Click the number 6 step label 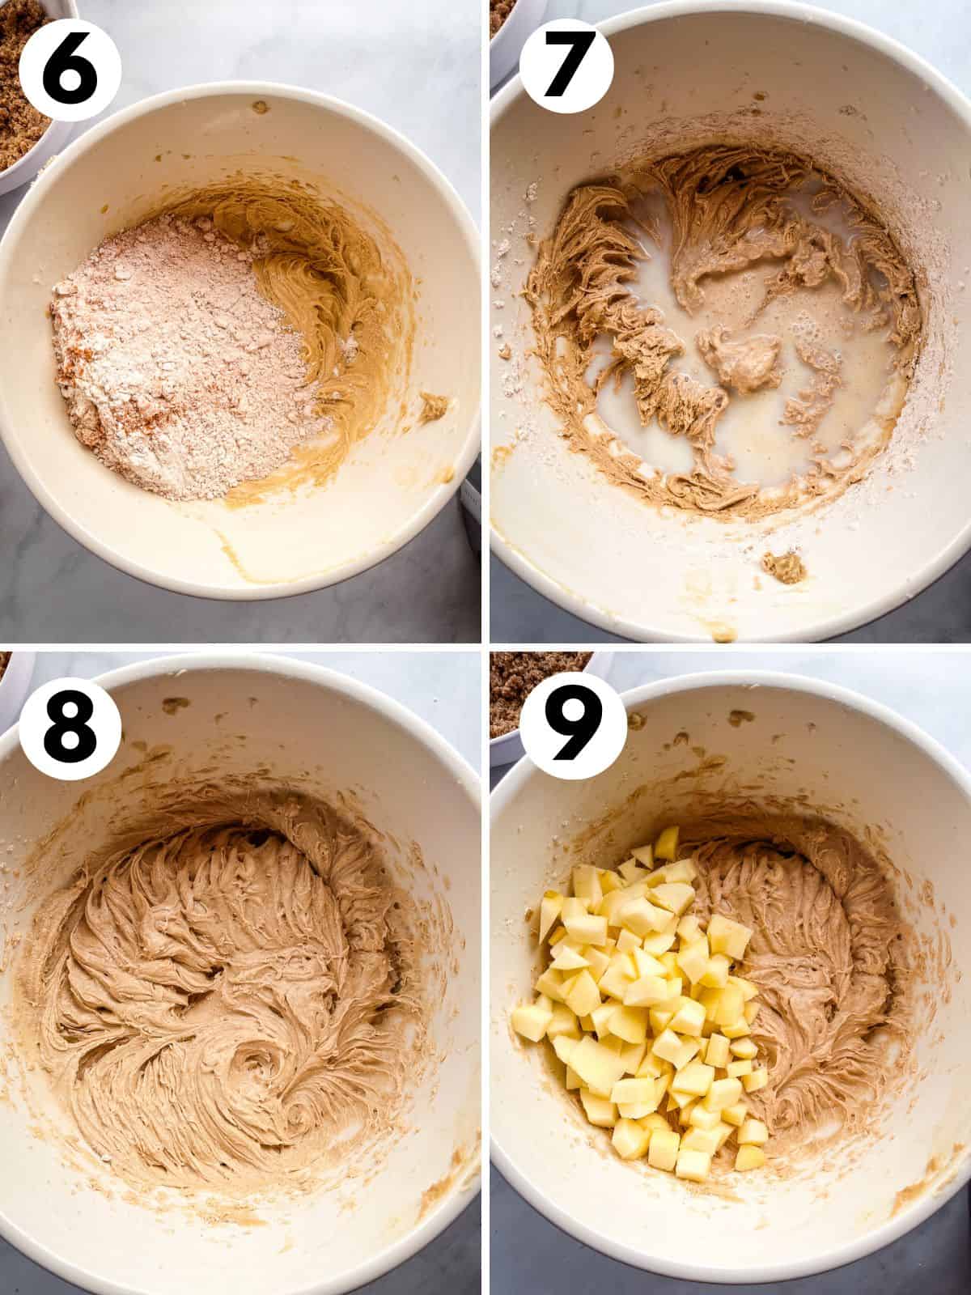pyautogui.click(x=69, y=69)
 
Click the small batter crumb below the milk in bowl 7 pyautogui.click(x=775, y=566)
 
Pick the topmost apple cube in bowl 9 pyautogui.click(x=667, y=843)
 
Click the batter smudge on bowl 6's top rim pyautogui.click(x=261, y=106)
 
